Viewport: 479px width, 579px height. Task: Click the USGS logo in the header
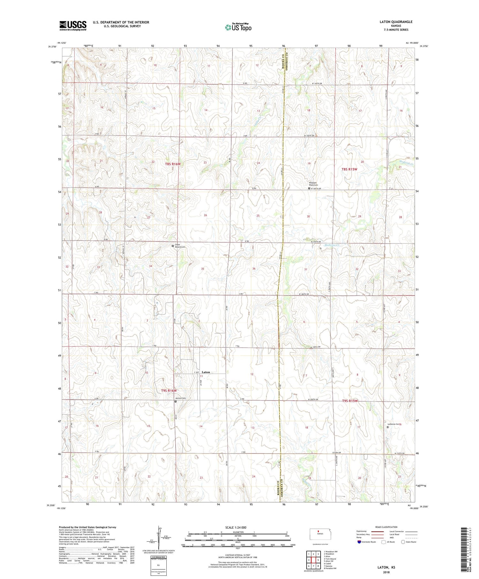[x=73, y=26]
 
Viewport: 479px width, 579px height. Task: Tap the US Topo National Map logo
[x=238, y=27]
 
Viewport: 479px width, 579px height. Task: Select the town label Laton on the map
[x=206, y=372]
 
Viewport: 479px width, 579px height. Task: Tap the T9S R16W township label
[x=169, y=391]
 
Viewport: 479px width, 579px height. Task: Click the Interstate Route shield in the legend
[x=359, y=542]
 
